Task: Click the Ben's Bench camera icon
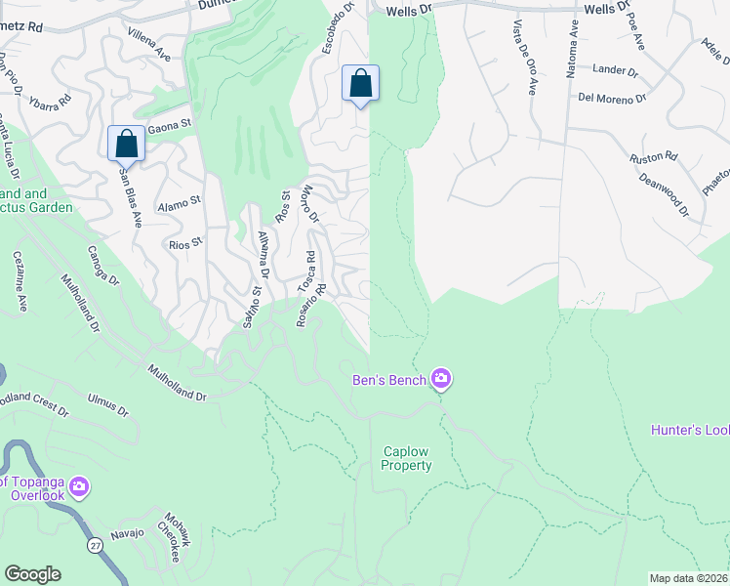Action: coord(441,378)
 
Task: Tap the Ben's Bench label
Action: coord(390,379)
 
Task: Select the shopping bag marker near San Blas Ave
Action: coord(127,144)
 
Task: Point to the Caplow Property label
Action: coord(407,459)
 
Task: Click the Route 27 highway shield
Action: coord(95,545)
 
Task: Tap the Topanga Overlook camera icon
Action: coord(79,485)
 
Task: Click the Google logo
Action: coord(32,574)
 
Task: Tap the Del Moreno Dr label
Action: coord(612,98)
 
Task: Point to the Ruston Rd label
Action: coord(654,156)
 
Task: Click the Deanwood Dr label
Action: coord(664,194)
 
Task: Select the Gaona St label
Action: coord(169,125)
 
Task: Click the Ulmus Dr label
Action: coord(107,404)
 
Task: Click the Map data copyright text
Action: coord(689,578)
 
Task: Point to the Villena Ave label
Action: coord(148,45)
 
